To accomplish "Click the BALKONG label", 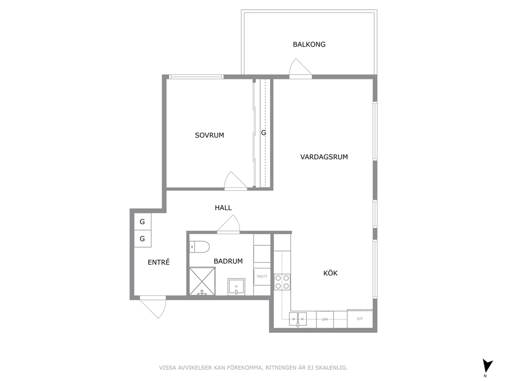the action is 309,45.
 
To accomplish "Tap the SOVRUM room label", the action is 209,135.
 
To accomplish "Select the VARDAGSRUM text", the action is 324,157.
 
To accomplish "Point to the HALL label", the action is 223,208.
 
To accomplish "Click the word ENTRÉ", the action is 158,262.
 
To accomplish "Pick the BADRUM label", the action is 228,261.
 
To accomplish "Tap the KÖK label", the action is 331,273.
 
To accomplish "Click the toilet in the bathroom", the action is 199,246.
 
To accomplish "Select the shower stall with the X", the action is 202,281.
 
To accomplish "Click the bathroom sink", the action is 236,286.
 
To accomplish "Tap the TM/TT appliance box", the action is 262,277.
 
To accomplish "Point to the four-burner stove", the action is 282,282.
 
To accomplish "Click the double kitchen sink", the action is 298,319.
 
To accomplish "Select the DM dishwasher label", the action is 325,320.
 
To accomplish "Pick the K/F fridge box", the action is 360,319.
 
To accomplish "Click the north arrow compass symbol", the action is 487,367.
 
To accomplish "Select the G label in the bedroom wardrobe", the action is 264,133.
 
